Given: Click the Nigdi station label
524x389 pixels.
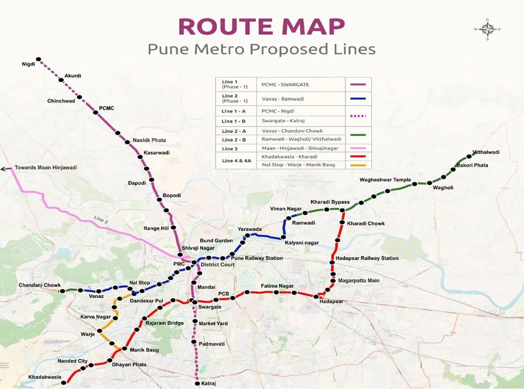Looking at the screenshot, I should pyautogui.click(x=28, y=64).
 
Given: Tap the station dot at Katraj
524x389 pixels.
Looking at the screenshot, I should pyautogui.click(x=197, y=379).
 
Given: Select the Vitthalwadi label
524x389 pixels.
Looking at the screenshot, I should pyautogui.click(x=486, y=153).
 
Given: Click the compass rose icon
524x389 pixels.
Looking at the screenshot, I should pyautogui.click(x=487, y=29).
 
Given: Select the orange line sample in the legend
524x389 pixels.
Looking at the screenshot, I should pyautogui.click(x=358, y=165).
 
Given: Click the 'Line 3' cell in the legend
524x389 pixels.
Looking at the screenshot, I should pyautogui.click(x=230, y=149).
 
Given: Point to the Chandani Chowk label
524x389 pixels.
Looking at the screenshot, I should pyautogui.click(x=39, y=285).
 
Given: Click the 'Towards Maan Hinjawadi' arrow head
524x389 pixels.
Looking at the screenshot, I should pyautogui.click(x=4, y=168).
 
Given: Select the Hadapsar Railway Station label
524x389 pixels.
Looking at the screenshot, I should pyautogui.click(x=367, y=258).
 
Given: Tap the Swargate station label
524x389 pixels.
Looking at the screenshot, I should pyautogui.click(x=210, y=307).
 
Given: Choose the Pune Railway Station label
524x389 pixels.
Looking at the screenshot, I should pyautogui.click(x=257, y=258).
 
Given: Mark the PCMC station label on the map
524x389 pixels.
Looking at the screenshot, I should pyautogui.click(x=107, y=108).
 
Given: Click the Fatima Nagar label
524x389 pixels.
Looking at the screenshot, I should pyautogui.click(x=277, y=286).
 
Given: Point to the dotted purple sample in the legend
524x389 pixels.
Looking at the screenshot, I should pyautogui.click(x=358, y=116).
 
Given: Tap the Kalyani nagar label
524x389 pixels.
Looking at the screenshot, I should pyautogui.click(x=302, y=243).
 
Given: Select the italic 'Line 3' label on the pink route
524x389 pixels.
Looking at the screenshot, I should pyautogui.click(x=100, y=220).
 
